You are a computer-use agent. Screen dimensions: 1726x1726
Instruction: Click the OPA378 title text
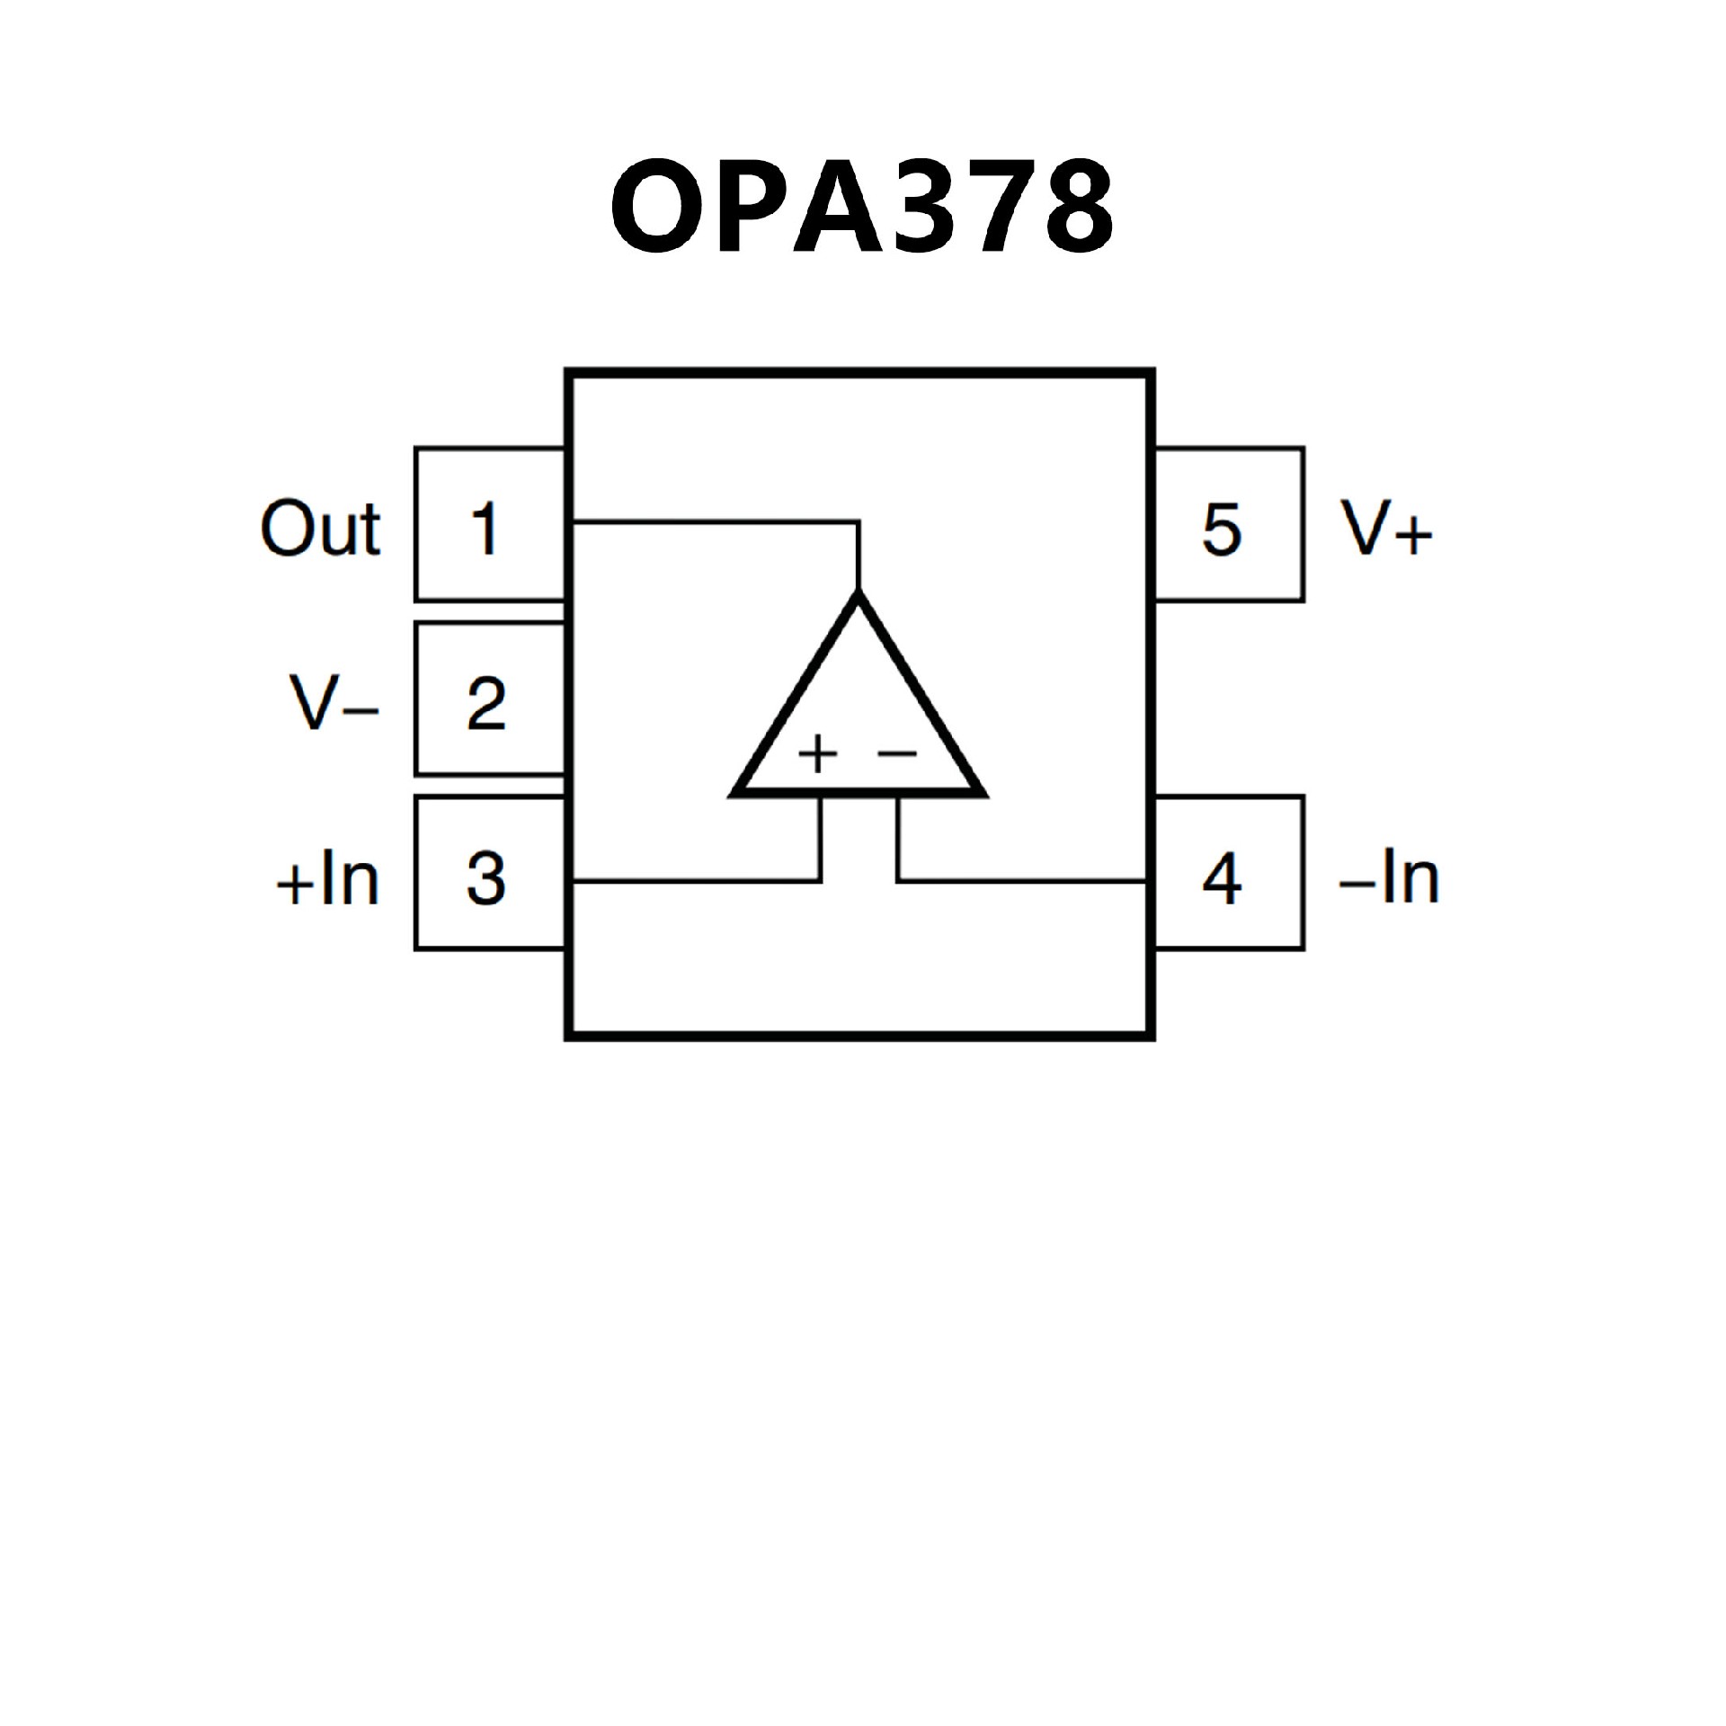[861, 207]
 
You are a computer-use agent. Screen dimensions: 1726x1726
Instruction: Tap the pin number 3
[485, 877]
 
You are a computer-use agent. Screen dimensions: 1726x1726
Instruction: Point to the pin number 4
[1222, 877]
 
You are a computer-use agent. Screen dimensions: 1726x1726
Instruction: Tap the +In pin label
[327, 879]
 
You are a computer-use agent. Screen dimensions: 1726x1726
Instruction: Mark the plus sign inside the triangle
[818, 753]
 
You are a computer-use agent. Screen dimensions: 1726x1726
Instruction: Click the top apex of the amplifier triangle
[859, 596]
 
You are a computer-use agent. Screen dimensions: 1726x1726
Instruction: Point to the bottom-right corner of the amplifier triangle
[982, 793]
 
